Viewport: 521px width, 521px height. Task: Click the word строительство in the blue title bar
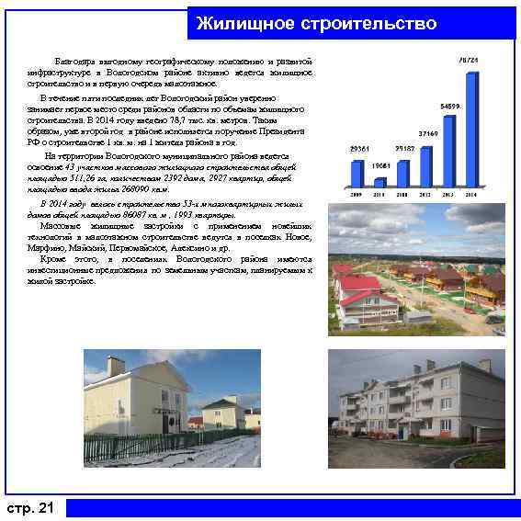[x=368, y=22]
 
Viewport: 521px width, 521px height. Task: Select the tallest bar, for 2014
[x=471, y=130]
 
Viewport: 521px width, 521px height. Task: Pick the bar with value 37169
[x=425, y=165]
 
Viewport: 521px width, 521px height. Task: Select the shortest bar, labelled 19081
[x=379, y=182]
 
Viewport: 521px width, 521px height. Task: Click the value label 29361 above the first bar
[x=358, y=148]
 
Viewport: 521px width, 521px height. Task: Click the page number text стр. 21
[x=30, y=508]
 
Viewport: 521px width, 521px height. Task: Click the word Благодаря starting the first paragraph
[x=73, y=61]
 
